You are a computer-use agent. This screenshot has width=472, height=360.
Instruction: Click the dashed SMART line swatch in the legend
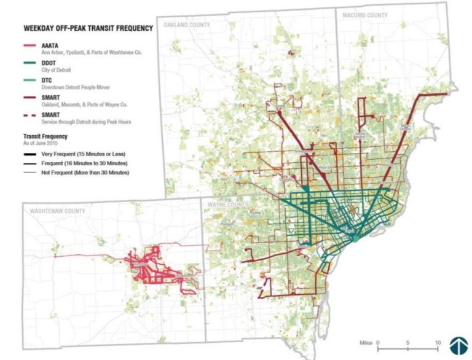31,115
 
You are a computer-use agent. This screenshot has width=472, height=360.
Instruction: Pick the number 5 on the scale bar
407,342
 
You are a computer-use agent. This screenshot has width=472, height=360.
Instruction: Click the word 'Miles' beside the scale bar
367,342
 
